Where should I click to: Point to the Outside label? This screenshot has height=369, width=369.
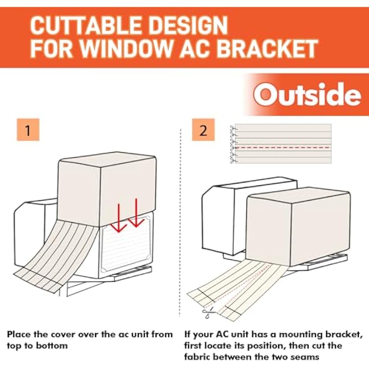[307, 95]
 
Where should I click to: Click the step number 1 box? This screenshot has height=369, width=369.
[28, 130]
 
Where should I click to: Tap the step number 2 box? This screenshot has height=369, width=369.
[203, 130]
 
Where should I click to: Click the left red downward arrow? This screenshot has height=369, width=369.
[119, 218]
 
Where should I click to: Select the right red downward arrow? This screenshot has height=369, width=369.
[136, 213]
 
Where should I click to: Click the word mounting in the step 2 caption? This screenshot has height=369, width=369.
[301, 335]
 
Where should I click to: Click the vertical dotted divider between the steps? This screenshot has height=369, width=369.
[180, 222]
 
